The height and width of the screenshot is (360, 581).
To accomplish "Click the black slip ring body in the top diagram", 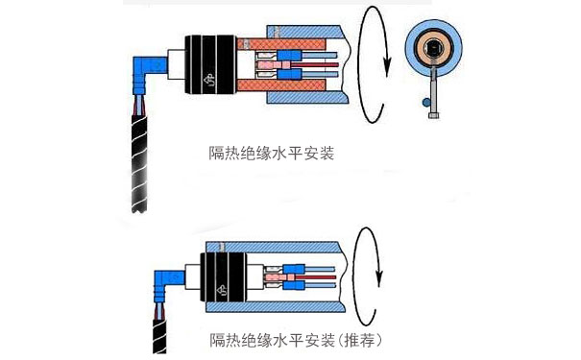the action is click(x=210, y=64).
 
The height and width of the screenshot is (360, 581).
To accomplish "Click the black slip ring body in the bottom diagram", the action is click(x=224, y=277).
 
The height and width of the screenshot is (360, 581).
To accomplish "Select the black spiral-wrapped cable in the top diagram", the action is click(x=139, y=164).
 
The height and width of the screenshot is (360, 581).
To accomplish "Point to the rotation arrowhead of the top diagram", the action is click(x=387, y=66).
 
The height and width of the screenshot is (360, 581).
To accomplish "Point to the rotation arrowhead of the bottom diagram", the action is click(x=378, y=276).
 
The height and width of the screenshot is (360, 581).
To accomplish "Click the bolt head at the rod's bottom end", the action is click(x=434, y=115).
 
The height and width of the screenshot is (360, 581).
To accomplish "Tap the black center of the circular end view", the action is click(x=433, y=47).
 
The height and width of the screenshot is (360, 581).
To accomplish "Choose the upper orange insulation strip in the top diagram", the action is click(x=281, y=44).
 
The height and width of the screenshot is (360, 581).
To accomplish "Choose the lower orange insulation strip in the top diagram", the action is click(x=281, y=84).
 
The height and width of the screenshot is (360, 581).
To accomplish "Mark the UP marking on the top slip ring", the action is click(x=209, y=80).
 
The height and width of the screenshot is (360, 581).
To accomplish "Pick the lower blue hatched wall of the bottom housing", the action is click(x=276, y=307).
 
